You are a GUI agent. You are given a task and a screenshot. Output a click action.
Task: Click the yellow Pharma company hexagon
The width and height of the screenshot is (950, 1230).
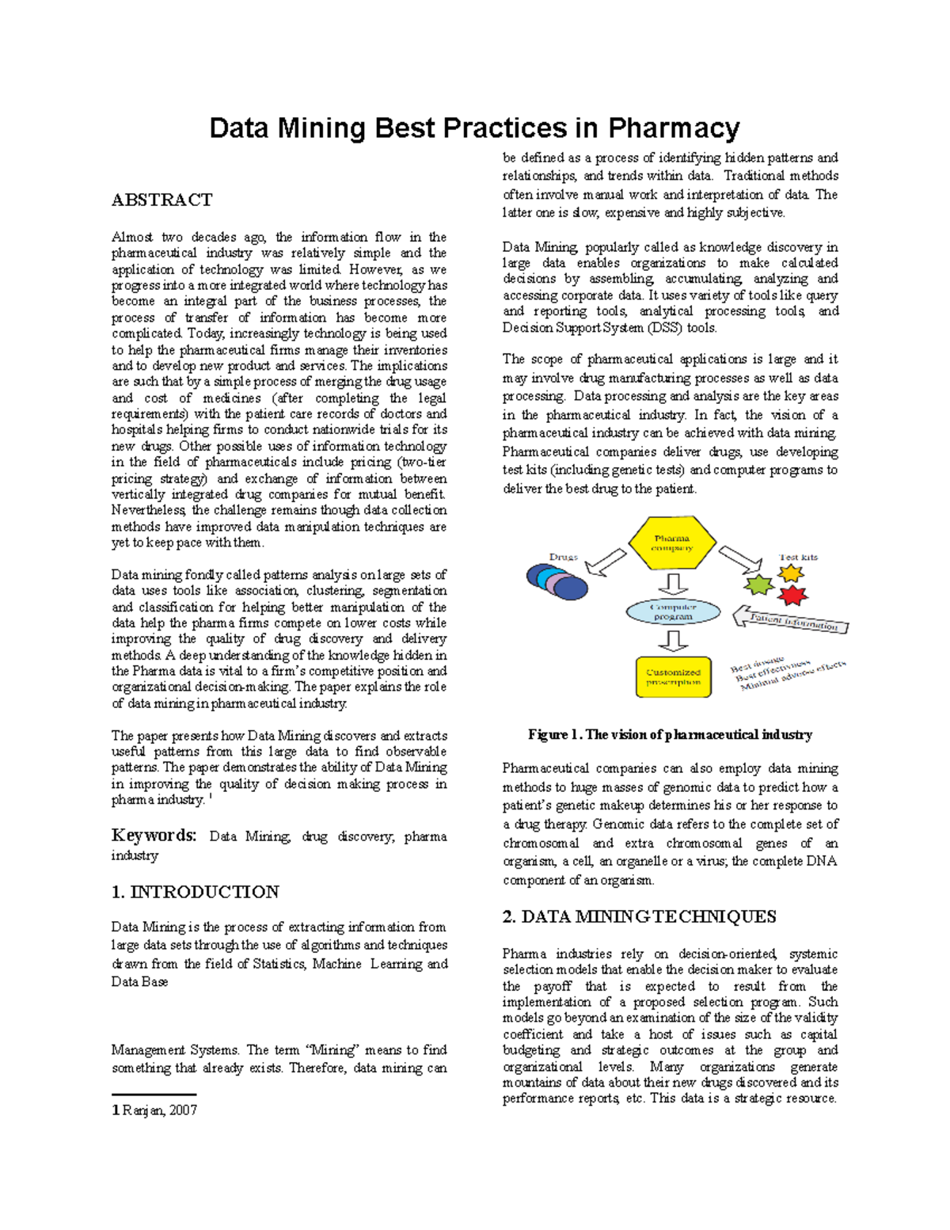tap(672, 543)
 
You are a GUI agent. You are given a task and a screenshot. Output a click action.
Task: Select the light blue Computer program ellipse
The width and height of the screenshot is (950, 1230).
tap(673, 611)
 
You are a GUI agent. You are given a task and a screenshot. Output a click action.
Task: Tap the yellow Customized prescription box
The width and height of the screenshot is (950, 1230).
tap(674, 676)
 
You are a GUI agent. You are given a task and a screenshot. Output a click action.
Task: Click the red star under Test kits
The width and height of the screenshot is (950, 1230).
tap(792, 595)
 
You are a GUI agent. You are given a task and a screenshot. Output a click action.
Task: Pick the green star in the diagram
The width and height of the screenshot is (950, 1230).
tap(759, 585)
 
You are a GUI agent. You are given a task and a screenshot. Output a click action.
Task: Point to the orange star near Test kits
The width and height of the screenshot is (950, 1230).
tap(791, 573)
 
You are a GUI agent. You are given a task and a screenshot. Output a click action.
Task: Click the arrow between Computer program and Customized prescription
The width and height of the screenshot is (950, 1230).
tap(674, 640)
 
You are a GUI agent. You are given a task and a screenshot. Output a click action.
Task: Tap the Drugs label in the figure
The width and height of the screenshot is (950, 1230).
tap(563, 557)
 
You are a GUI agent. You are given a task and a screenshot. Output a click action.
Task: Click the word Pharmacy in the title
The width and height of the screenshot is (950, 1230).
tap(674, 128)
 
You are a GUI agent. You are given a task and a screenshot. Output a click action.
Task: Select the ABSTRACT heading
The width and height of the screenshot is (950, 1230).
tap(161, 200)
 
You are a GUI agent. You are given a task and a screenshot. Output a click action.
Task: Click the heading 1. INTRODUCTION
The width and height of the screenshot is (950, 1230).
tap(195, 892)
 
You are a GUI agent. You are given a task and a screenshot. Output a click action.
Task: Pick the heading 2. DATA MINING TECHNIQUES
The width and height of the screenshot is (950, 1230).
tap(639, 916)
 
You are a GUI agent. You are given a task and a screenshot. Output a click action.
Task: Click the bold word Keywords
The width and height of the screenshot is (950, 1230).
tap(154, 836)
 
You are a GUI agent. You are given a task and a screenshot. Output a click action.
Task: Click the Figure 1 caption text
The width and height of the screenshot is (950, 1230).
tap(670, 734)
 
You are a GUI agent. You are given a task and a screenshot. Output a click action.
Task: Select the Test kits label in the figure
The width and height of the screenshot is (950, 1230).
tap(798, 557)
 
